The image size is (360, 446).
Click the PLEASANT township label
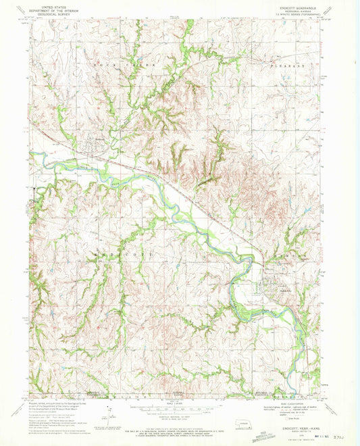click(x=282, y=66)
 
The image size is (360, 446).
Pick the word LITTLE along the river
click(x=101, y=163)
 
